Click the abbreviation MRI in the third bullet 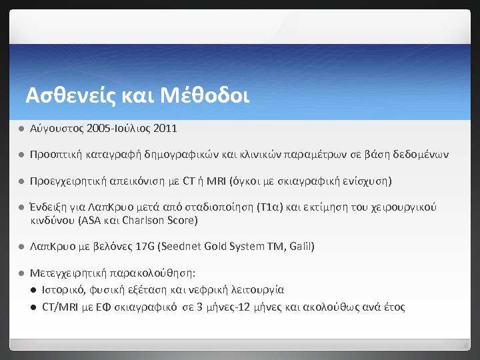coord(215,181)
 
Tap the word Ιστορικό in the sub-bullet coord(62,290)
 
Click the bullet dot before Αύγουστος coord(21,127)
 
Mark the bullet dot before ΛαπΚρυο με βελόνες coord(21,247)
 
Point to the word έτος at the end coord(393,307)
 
